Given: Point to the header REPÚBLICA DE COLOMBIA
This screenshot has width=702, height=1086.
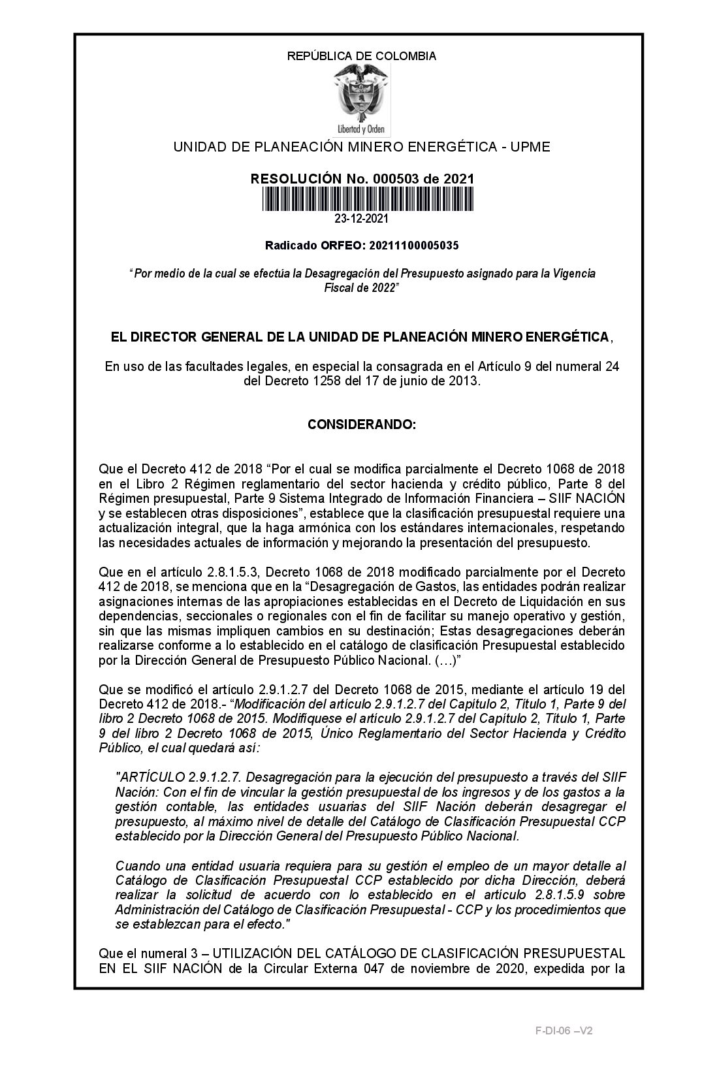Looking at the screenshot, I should (x=362, y=56).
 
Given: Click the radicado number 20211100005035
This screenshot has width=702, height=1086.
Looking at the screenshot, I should (x=413, y=246).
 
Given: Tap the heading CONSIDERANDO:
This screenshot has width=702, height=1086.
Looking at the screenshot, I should (x=361, y=425).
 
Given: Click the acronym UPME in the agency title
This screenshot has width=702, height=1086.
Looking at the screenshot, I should (x=530, y=147).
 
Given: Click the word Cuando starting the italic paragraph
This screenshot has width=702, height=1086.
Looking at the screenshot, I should (x=134, y=866).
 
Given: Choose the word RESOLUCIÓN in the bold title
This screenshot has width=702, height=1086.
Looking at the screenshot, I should (x=287, y=179).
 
